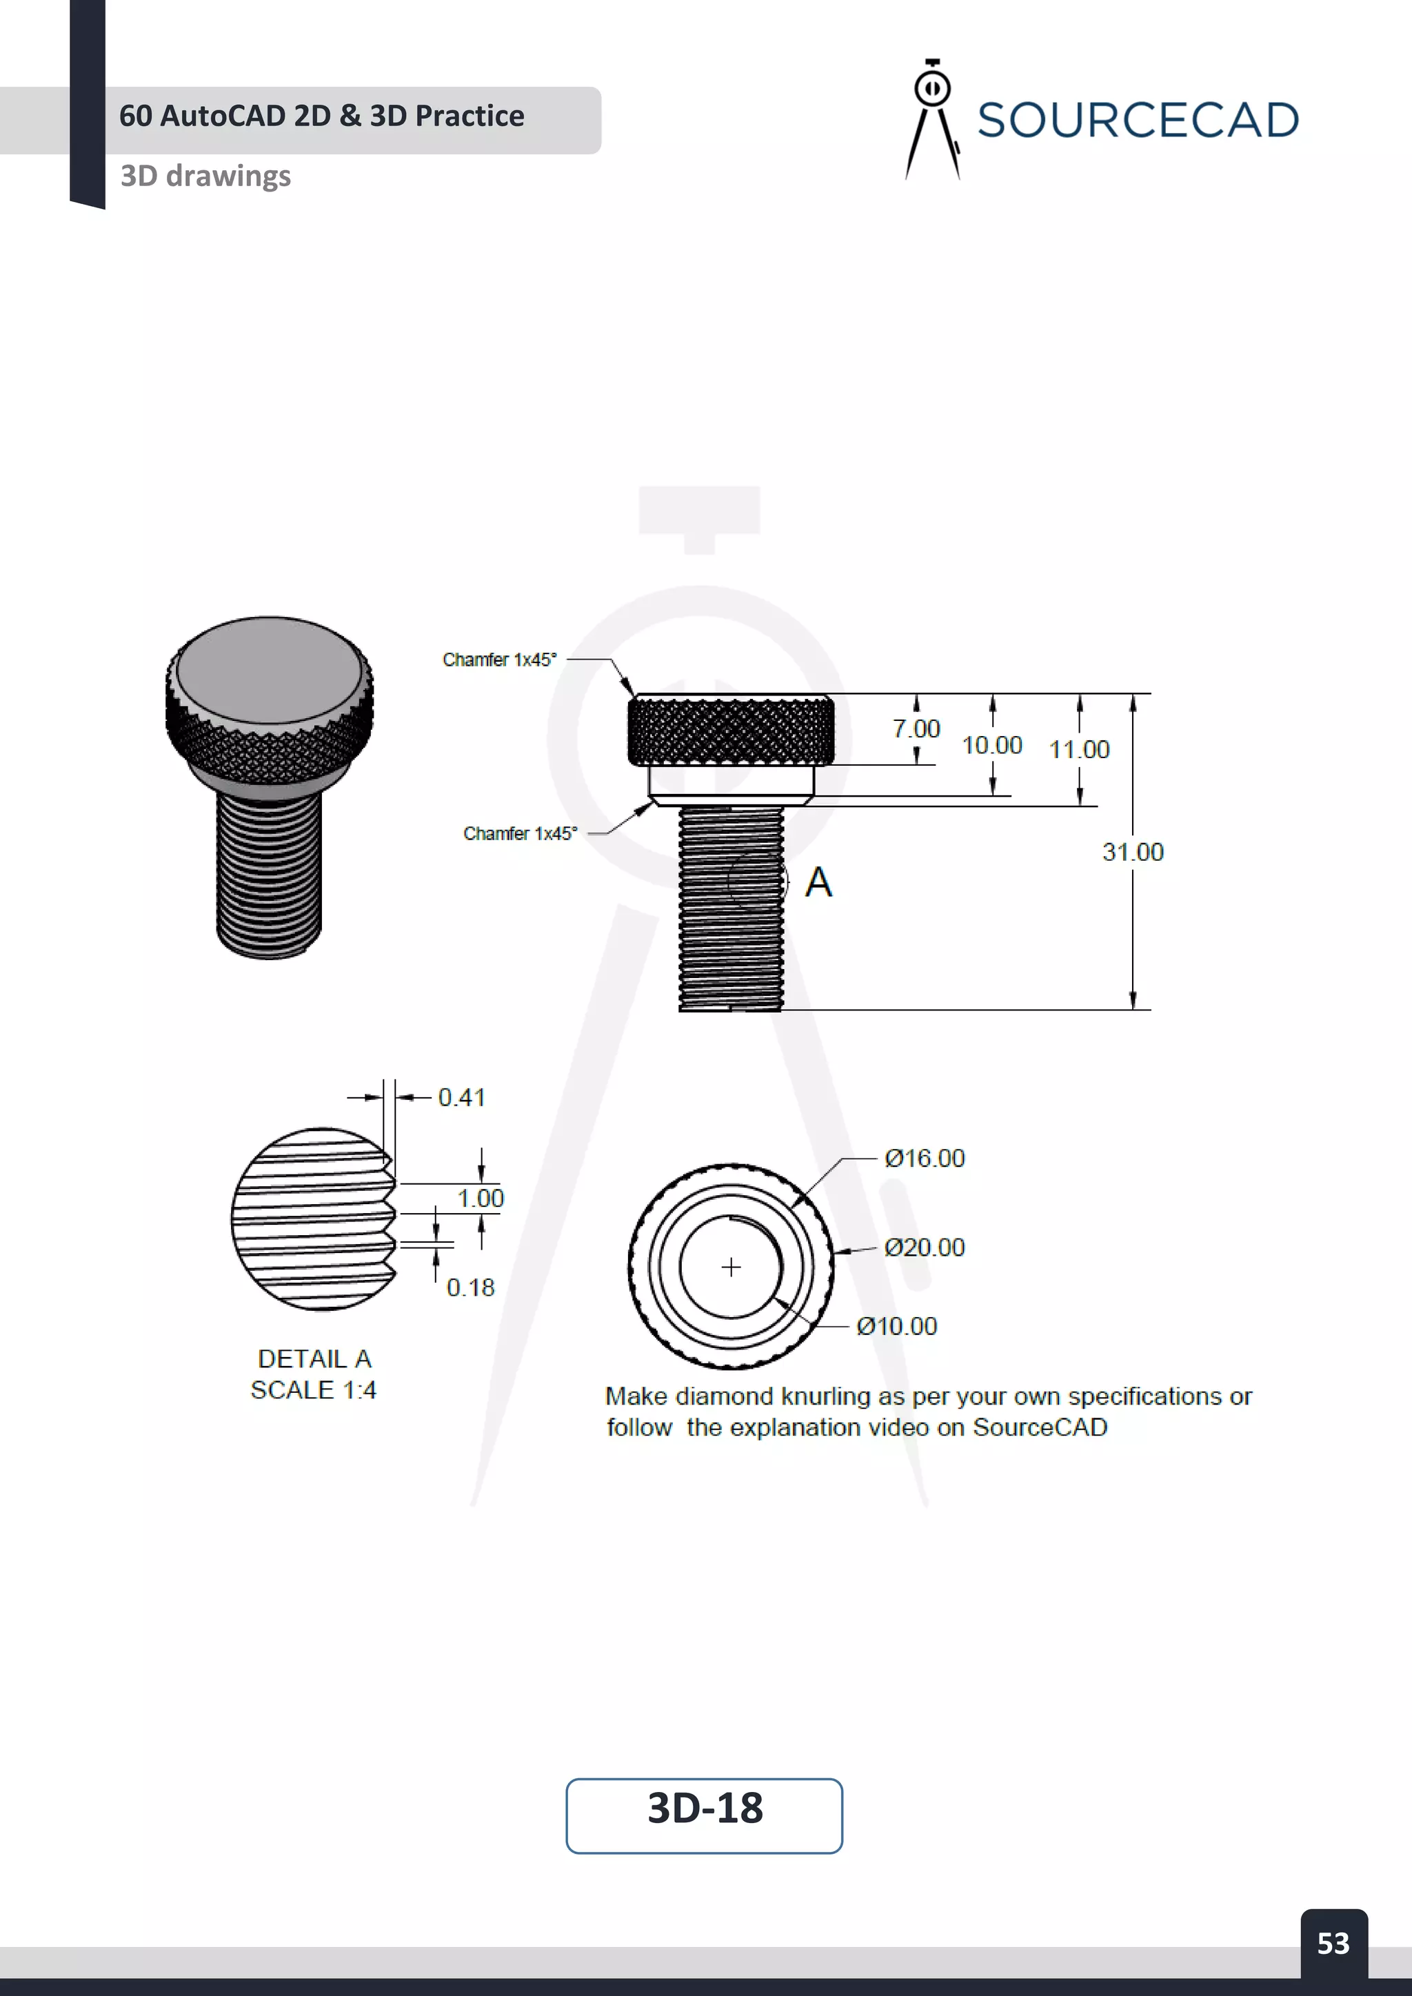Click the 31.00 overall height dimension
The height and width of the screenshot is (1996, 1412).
click(1132, 852)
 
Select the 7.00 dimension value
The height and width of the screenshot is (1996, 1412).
click(916, 729)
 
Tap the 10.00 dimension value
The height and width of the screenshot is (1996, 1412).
click(991, 745)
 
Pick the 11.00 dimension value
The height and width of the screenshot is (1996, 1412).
click(1078, 749)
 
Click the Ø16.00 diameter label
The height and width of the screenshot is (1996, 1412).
click(925, 1158)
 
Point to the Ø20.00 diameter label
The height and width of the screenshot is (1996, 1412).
click(925, 1247)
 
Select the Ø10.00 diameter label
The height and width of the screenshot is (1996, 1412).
click(896, 1326)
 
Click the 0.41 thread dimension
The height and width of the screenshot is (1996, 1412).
click(461, 1097)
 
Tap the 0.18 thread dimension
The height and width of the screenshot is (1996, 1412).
click(470, 1287)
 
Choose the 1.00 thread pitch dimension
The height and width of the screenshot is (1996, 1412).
click(480, 1198)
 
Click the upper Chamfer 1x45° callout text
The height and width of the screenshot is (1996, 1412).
click(499, 660)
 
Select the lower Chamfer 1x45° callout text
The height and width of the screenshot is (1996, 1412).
click(520, 834)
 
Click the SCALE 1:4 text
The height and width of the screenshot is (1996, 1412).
click(313, 1389)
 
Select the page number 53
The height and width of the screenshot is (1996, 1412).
click(1333, 1943)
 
